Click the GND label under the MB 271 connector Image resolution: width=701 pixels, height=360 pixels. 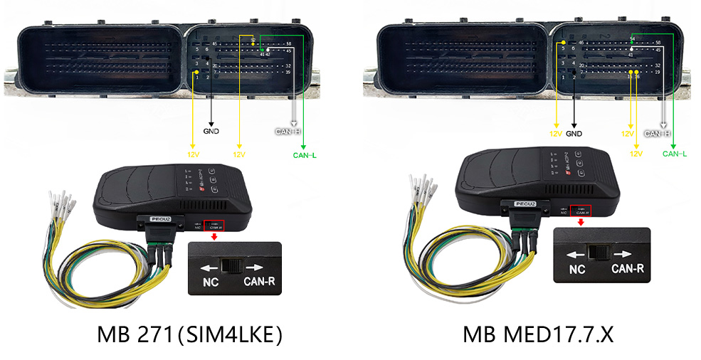click(x=211, y=132)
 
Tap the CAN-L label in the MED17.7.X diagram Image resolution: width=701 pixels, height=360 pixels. click(x=674, y=154)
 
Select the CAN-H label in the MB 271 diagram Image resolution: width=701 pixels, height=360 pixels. click(x=288, y=132)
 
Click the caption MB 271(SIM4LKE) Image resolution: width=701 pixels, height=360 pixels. click(x=189, y=334)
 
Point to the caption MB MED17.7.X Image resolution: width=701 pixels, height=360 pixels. click(x=537, y=334)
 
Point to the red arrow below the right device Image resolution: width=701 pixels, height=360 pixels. click(x=581, y=221)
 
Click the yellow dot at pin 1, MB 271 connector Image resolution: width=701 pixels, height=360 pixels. click(x=196, y=73)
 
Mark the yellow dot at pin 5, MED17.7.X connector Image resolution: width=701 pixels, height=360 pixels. click(x=564, y=43)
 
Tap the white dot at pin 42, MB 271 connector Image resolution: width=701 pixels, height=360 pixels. click(x=268, y=50)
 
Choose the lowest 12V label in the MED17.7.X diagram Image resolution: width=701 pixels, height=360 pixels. click(x=636, y=154)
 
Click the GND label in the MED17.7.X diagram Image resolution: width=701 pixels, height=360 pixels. click(x=574, y=134)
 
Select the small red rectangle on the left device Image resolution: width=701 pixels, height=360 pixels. click(x=214, y=226)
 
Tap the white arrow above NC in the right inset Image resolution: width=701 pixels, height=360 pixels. click(x=576, y=253)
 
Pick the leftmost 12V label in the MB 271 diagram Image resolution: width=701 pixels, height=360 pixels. click(x=192, y=154)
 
